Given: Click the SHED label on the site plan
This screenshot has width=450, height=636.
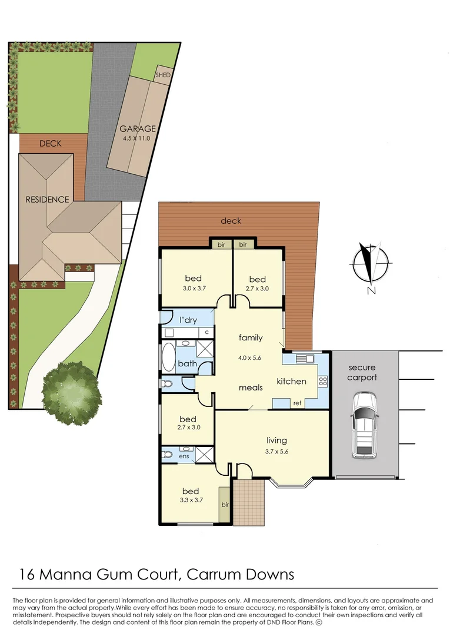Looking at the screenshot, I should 162,75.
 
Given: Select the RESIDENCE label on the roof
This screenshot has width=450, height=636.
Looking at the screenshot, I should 47,199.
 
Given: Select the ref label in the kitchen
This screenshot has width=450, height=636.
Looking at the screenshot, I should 297,403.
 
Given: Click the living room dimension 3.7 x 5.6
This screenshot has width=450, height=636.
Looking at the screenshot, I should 276,452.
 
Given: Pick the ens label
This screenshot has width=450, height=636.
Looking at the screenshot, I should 184,456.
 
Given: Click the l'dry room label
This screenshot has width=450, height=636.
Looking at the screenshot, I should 188,320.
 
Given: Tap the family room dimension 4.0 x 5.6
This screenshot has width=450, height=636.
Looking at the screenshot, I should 250,357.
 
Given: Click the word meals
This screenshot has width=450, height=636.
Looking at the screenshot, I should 250,388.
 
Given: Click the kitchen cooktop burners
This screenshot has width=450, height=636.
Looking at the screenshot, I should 323,380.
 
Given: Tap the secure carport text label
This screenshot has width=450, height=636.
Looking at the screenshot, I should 361,372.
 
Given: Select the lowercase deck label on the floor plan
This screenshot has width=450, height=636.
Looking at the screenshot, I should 231,221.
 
